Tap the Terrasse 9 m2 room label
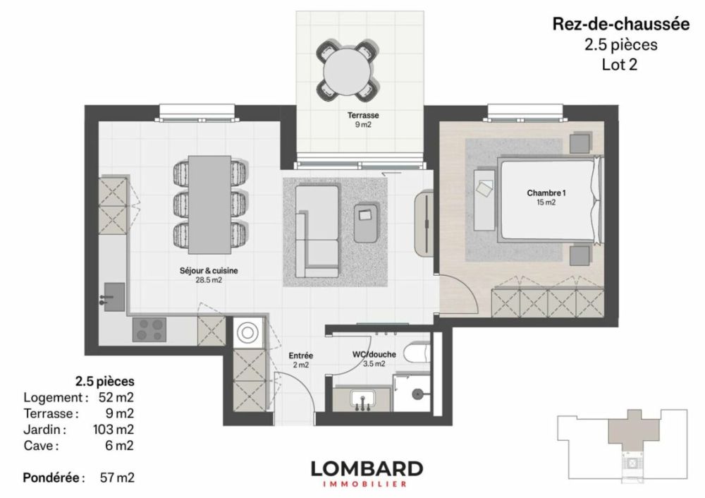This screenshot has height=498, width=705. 362,119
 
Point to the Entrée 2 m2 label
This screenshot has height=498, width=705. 301,360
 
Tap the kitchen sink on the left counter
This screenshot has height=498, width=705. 113,296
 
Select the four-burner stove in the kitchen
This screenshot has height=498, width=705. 149,328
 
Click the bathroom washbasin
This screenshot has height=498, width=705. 363,400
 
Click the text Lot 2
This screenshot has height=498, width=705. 620,64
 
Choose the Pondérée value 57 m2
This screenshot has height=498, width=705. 117,478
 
